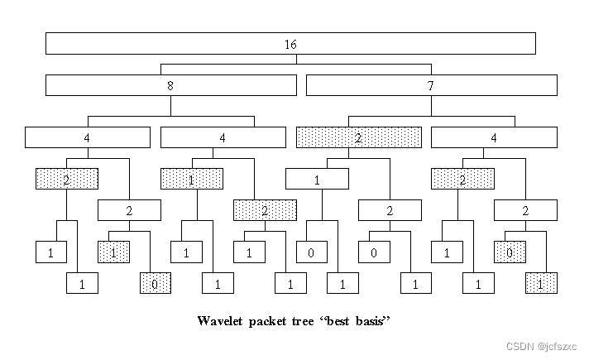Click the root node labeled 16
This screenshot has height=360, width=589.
(x=290, y=43)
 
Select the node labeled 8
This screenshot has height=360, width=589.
(x=171, y=85)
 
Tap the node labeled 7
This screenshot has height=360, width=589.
(x=431, y=85)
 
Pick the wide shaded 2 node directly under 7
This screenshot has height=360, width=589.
(x=358, y=137)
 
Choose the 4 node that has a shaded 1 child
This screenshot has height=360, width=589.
(x=223, y=137)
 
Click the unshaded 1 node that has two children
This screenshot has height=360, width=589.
(x=317, y=179)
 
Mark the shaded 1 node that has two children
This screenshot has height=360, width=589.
(x=192, y=179)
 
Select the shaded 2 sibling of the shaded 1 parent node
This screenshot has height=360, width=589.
(x=265, y=210)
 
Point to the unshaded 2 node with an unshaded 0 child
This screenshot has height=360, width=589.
(x=389, y=210)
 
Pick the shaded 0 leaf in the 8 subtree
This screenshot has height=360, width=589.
(x=156, y=284)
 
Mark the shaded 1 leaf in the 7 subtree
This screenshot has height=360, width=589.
(x=541, y=284)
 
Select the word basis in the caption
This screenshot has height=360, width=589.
(x=369, y=321)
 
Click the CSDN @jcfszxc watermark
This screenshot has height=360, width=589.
(x=545, y=345)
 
